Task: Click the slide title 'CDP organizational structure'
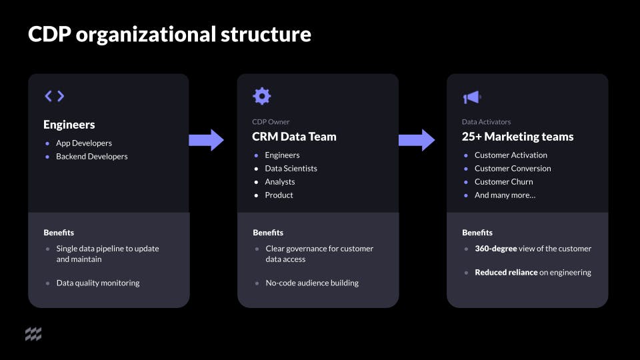[169, 34]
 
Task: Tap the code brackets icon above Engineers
[55, 96]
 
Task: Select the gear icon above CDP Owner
[262, 96]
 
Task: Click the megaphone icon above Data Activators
[471, 97]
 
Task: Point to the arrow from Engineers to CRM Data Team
[207, 140]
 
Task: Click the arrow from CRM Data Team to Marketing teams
[417, 140]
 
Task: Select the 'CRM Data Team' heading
[294, 137]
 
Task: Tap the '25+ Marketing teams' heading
[517, 137]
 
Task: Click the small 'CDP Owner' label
[271, 122]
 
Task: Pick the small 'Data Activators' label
[486, 122]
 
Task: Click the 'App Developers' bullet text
[84, 143]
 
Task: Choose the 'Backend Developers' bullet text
[91, 157]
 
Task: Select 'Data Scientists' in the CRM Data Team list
[291, 169]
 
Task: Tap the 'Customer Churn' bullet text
[503, 182]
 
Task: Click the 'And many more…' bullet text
[505, 195]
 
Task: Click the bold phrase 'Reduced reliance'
[506, 273]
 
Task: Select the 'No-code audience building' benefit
[312, 283]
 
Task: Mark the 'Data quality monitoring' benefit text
[98, 283]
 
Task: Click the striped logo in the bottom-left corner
[33, 335]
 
